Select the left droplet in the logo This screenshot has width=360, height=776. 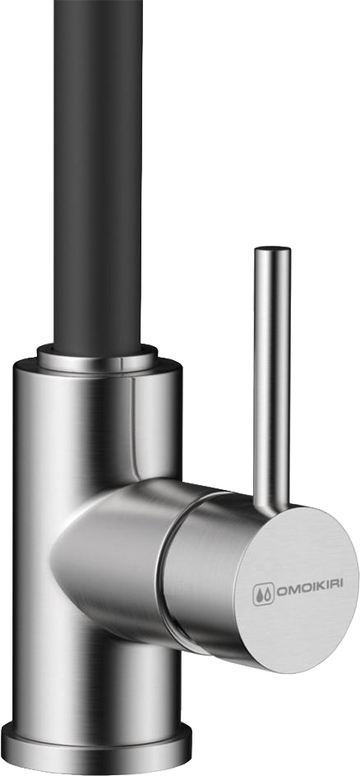[259, 596]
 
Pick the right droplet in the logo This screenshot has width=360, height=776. [267, 594]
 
